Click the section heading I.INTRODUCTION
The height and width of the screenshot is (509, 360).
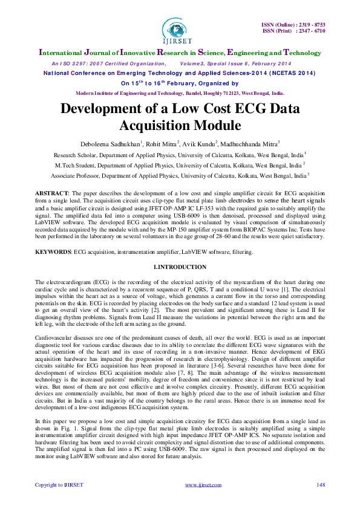(180, 267)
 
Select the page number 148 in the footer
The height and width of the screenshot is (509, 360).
(320, 485)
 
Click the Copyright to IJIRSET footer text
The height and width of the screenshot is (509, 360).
(59, 485)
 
